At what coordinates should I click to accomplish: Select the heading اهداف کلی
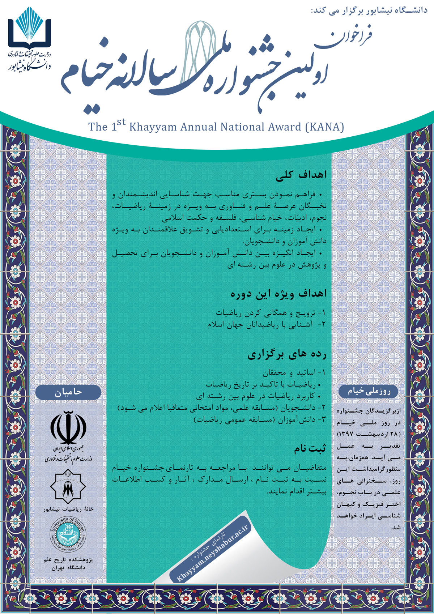[x=301, y=175]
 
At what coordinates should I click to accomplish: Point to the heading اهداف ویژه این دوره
[x=278, y=294]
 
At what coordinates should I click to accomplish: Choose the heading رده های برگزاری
[x=287, y=355]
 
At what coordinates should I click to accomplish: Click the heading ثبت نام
[x=310, y=449]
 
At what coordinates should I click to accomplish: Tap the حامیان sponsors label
[x=68, y=392]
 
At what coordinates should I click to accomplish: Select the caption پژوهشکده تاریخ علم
[x=68, y=560]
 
